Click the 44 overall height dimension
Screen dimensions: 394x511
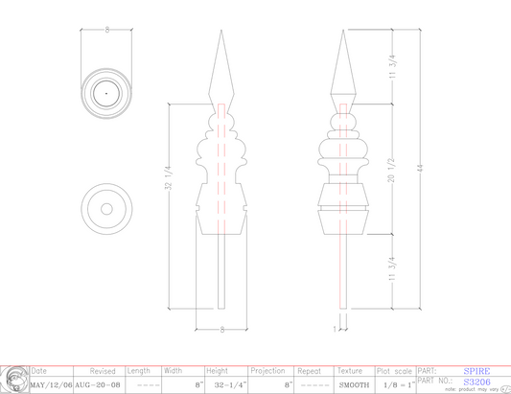pyautogui.click(x=419, y=168)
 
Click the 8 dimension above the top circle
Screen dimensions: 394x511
pyautogui.click(x=106, y=31)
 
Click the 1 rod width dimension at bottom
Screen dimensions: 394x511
pyautogui.click(x=334, y=328)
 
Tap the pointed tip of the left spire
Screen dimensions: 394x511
pyautogui.click(x=221, y=32)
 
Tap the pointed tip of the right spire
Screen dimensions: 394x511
pyautogui.click(x=343, y=32)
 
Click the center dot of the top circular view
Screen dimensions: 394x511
pyautogui.click(x=106, y=93)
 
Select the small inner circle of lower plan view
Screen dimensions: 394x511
pyautogui.click(x=106, y=208)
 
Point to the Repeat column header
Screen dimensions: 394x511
pyautogui.click(x=310, y=371)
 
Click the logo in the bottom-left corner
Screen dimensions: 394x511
pyautogui.click(x=13, y=380)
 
